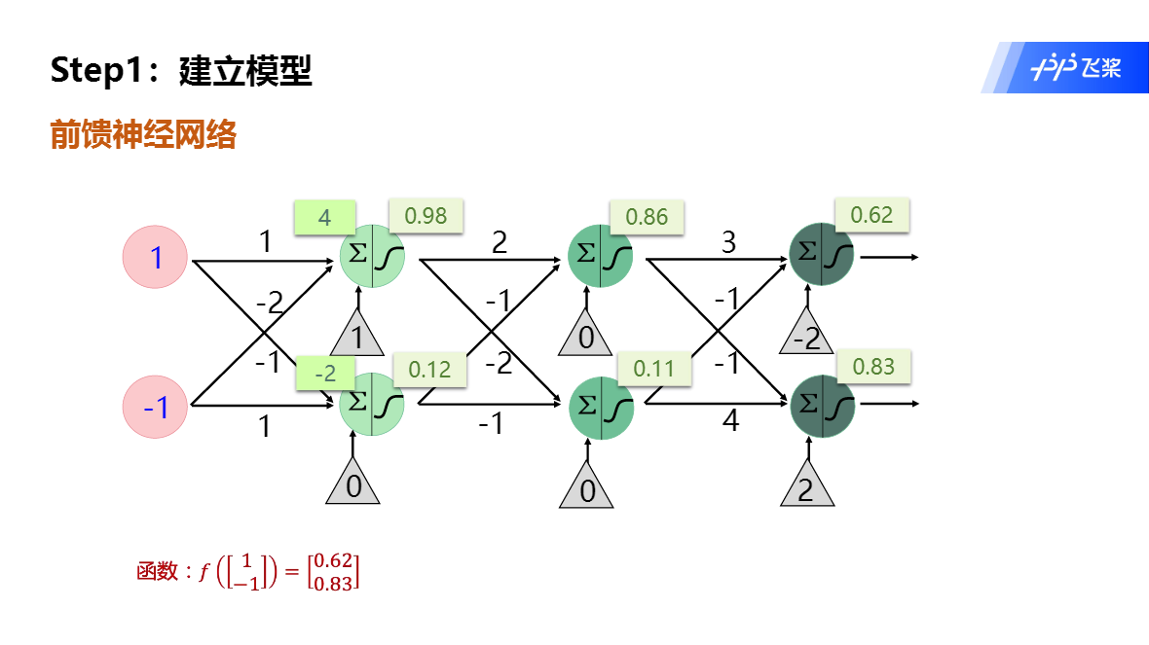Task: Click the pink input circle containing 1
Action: click(155, 258)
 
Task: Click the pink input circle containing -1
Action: click(155, 407)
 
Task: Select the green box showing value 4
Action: click(324, 217)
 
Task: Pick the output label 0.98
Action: click(426, 215)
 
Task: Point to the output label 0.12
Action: click(429, 369)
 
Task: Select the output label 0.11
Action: click(653, 368)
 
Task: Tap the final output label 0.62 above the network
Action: click(871, 215)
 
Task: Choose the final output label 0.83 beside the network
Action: click(873, 366)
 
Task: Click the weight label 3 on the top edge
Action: click(728, 242)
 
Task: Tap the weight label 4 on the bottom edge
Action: click(730, 422)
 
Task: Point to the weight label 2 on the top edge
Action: click(500, 242)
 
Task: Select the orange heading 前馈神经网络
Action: click(143, 135)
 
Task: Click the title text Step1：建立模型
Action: click(181, 70)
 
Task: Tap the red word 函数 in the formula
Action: click(157, 572)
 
